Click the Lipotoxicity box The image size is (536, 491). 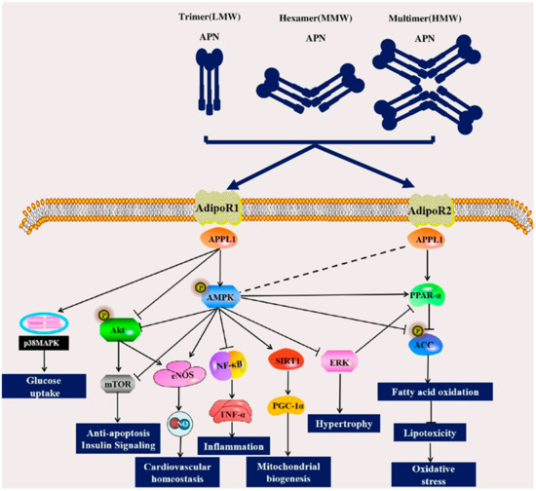pos(430,433)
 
